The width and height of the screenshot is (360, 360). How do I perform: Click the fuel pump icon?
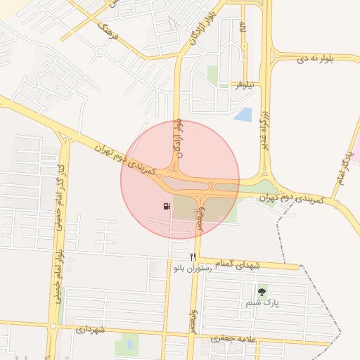click(x=166, y=207)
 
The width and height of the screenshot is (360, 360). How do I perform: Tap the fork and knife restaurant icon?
click(x=193, y=257)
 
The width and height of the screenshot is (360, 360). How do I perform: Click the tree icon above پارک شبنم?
click(x=262, y=291)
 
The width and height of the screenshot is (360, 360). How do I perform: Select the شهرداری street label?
click(x=90, y=329)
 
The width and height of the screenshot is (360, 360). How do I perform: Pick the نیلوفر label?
click(x=243, y=84)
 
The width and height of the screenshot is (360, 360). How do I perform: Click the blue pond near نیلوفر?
click(x=243, y=115)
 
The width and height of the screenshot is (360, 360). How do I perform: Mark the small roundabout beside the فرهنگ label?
click(x=101, y=51)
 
